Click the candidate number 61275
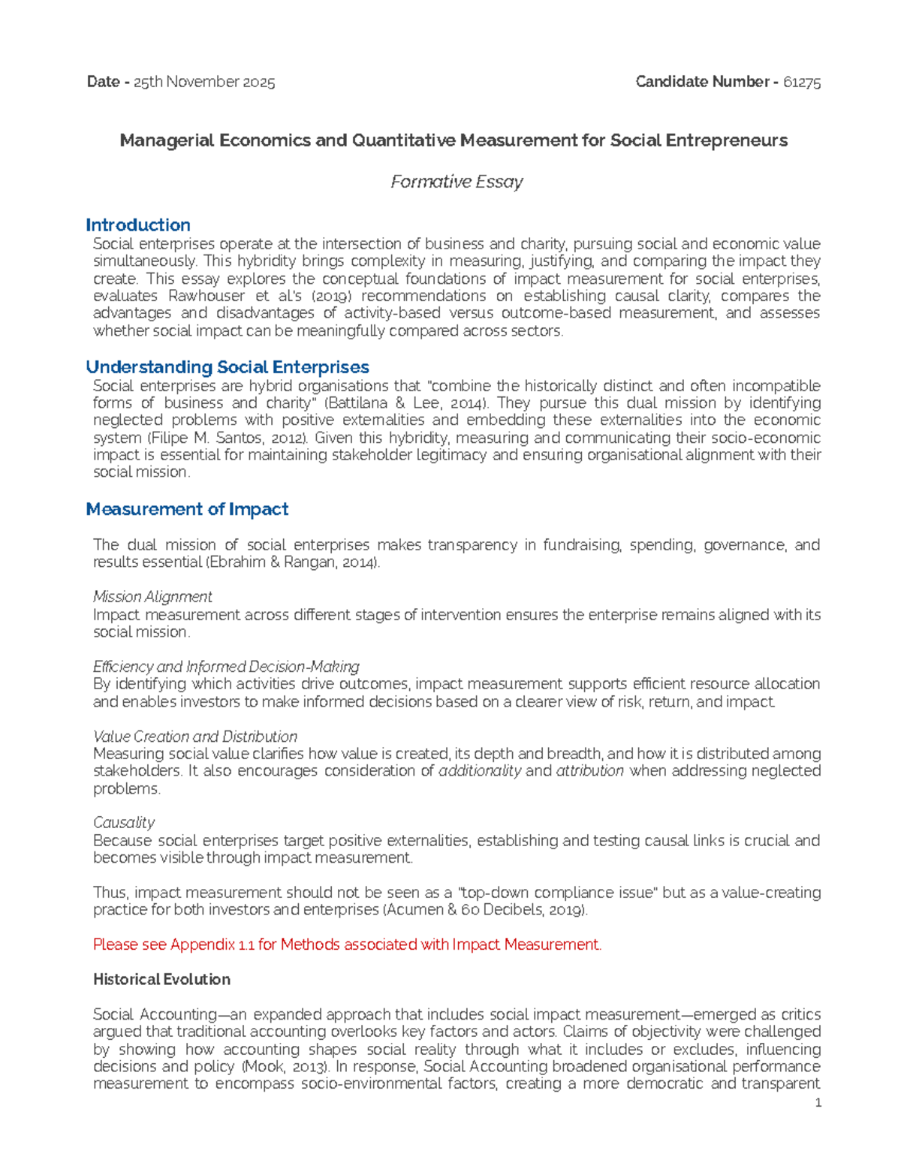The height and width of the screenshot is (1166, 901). pyautogui.click(x=801, y=83)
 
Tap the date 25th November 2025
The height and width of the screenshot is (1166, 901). pyautogui.click(x=204, y=83)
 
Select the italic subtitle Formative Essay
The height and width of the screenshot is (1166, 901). pyautogui.click(x=457, y=182)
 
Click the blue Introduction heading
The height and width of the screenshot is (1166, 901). pyautogui.click(x=137, y=225)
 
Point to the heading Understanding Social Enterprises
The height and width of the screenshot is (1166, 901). pyautogui.click(x=228, y=367)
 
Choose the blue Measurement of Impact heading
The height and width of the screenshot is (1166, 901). pyautogui.click(x=187, y=509)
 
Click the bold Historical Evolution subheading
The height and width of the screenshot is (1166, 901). pyautogui.click(x=161, y=980)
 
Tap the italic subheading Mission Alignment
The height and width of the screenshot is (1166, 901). pyautogui.click(x=152, y=597)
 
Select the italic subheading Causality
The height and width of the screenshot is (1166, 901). pyautogui.click(x=124, y=823)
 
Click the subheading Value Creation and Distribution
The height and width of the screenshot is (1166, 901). pyautogui.click(x=195, y=737)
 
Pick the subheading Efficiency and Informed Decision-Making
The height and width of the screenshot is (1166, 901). pyautogui.click(x=226, y=667)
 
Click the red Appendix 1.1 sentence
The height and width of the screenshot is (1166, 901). pyautogui.click(x=347, y=945)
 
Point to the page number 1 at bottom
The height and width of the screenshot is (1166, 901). pyautogui.click(x=818, y=1103)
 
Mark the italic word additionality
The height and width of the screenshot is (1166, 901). pyautogui.click(x=479, y=771)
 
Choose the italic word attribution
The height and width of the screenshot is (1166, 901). pyautogui.click(x=589, y=771)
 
